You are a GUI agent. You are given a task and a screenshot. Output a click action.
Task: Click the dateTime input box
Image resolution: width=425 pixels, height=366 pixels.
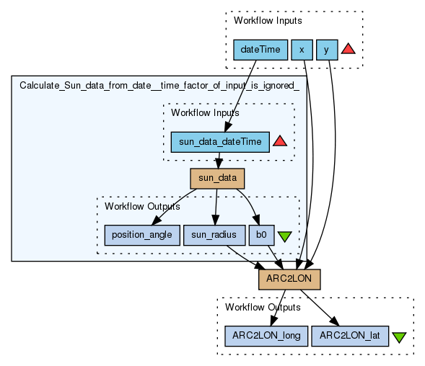[x=260, y=50]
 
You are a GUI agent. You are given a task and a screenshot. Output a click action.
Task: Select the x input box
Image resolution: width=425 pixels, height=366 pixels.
[x=302, y=50]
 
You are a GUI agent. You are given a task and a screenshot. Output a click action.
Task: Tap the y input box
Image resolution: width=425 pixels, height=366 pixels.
[x=327, y=50]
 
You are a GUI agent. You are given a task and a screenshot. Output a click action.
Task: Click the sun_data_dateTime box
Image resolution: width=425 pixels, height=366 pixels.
[x=220, y=142]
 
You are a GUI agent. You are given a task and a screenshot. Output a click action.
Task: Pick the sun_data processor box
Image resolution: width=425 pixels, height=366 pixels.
[x=217, y=179]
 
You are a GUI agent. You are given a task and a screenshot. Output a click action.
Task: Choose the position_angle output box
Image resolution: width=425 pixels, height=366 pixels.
[x=142, y=236]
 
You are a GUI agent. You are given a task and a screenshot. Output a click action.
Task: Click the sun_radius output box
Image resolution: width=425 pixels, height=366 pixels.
[x=214, y=236]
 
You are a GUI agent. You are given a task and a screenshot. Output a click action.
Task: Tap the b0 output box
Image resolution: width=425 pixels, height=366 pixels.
[x=261, y=236]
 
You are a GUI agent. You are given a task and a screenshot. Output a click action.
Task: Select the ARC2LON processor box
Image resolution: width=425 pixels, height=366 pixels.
[x=289, y=280]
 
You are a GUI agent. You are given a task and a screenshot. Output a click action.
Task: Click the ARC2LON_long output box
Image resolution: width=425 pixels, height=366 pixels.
[x=266, y=336]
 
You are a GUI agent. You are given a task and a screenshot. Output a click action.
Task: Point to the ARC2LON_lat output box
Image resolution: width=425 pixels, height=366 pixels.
[x=350, y=336]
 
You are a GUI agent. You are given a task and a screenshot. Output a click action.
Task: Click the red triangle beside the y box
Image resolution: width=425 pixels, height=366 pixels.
[x=348, y=49]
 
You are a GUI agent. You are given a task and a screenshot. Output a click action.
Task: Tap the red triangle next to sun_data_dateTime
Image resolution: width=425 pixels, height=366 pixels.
[x=280, y=141]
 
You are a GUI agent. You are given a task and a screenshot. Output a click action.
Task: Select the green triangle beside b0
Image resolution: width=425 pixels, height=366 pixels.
[x=284, y=236]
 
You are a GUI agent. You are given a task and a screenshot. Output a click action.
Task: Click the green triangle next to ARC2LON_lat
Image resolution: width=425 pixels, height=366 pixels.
[x=399, y=337]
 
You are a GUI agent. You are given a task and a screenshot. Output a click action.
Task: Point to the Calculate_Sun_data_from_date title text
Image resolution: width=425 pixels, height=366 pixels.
[x=159, y=86]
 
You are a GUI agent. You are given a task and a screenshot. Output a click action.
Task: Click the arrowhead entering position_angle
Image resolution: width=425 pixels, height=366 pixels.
[x=156, y=221]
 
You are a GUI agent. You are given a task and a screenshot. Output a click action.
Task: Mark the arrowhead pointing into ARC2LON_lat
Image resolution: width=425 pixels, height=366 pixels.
[x=335, y=321]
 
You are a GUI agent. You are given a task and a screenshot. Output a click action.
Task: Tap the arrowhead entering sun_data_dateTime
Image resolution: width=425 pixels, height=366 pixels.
[x=228, y=128]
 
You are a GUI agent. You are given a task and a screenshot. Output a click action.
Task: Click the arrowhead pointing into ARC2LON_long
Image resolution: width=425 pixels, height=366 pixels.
[x=273, y=321]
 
